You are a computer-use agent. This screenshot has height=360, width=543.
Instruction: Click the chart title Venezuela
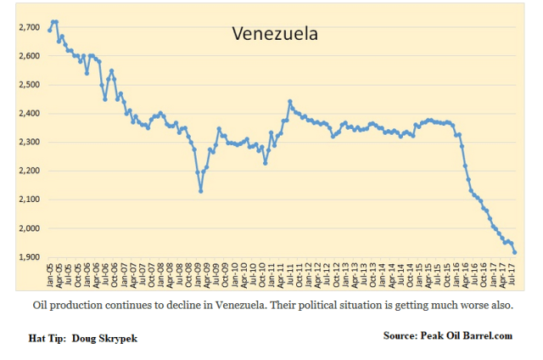point(275,35)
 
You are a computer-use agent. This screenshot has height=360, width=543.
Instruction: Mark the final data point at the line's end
point(515,251)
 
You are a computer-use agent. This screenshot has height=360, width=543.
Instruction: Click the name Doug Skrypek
point(107,338)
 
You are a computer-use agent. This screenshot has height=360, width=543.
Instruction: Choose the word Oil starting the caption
point(41,304)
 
